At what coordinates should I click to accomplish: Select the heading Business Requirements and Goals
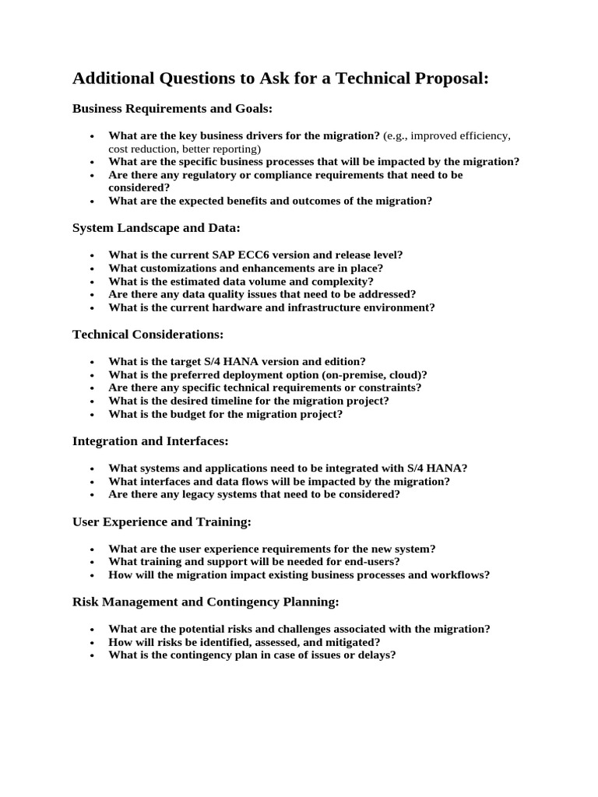tap(172, 108)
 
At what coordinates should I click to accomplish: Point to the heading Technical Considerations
tap(148, 334)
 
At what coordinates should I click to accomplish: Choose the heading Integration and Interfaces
tap(150, 441)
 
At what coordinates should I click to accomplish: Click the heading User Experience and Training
tap(162, 521)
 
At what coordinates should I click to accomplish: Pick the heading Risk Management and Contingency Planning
tap(206, 602)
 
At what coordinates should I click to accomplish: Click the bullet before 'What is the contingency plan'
tap(92, 655)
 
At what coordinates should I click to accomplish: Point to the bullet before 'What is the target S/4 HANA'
tap(92, 361)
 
